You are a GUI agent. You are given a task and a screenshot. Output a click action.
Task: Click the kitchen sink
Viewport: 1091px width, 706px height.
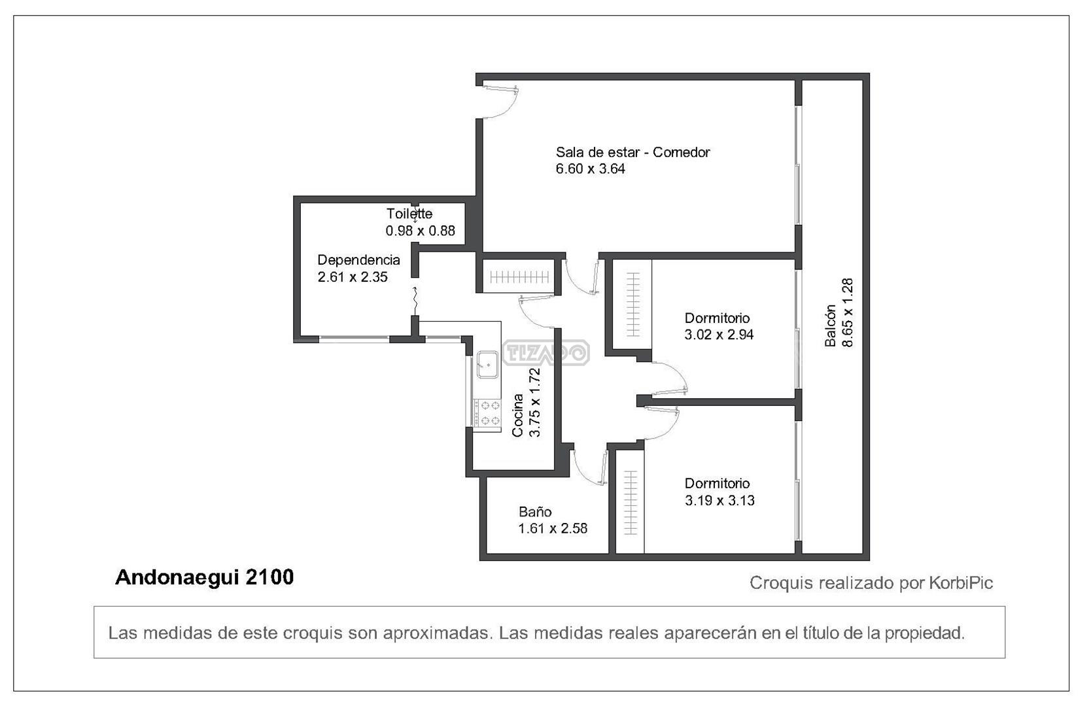pyautogui.click(x=487, y=364)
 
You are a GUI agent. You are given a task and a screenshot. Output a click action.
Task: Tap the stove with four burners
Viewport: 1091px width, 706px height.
pyautogui.click(x=487, y=413)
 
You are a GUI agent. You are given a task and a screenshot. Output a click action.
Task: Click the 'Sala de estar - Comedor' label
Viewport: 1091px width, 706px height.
pyautogui.click(x=632, y=152)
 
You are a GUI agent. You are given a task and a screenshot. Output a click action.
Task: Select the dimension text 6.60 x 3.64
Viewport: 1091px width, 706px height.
pyautogui.click(x=591, y=169)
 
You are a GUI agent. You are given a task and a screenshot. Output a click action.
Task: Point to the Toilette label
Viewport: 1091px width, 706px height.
pyautogui.click(x=409, y=214)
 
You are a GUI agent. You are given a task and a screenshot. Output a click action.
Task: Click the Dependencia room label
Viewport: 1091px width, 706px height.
pyautogui.click(x=358, y=260)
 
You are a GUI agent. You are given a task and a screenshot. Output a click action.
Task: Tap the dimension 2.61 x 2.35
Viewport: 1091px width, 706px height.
pyautogui.click(x=353, y=277)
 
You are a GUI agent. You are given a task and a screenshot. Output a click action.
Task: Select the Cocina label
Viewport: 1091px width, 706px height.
pyautogui.click(x=518, y=415)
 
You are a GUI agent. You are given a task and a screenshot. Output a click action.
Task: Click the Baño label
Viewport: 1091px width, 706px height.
pyautogui.click(x=535, y=511)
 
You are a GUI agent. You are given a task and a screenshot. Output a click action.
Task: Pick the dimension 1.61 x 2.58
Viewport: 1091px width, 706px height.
pyautogui.click(x=553, y=528)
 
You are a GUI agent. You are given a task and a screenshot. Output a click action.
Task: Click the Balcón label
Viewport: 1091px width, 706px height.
pyautogui.click(x=831, y=326)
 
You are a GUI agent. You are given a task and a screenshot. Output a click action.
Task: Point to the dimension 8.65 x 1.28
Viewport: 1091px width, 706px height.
pyautogui.click(x=848, y=312)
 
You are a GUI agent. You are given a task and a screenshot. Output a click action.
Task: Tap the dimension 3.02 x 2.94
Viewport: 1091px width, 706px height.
pyautogui.click(x=719, y=335)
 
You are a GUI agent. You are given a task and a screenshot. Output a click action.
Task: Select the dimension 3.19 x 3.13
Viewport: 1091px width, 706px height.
pyautogui.click(x=719, y=500)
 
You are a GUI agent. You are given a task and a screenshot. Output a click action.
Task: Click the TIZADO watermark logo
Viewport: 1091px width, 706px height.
pyautogui.click(x=545, y=352)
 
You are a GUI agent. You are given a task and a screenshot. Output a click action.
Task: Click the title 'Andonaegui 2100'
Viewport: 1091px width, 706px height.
pyautogui.click(x=204, y=577)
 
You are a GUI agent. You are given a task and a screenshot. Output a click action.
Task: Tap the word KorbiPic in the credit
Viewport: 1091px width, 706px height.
pyautogui.click(x=961, y=583)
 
